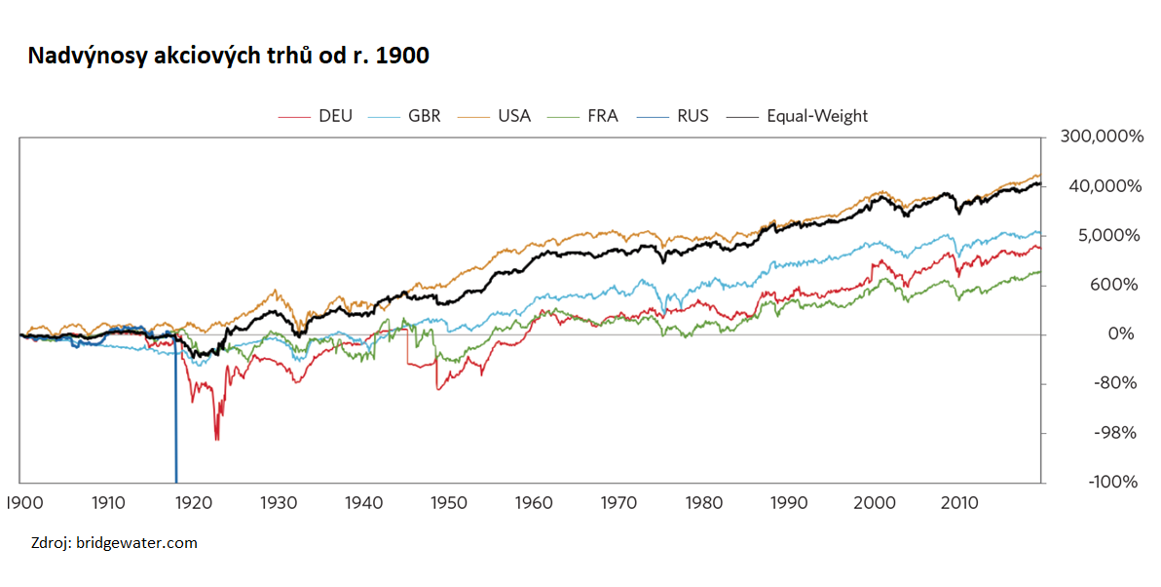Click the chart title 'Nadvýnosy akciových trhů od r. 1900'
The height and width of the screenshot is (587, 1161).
coord(228,56)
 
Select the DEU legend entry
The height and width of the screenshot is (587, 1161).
coord(316,116)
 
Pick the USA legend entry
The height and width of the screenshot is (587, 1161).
coord(494,116)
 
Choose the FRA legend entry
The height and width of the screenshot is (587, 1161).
coord(582,116)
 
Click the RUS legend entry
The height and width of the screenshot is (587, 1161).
coord(672,116)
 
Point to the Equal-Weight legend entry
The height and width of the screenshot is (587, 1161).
coord(797,116)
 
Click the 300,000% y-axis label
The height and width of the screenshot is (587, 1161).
coord(1102,137)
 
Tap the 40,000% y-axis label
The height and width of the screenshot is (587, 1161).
coord(1105,186)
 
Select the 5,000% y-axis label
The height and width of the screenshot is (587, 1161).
coord(1108,236)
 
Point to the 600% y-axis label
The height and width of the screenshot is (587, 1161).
coord(1113,285)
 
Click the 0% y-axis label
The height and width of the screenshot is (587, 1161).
coord(1121,334)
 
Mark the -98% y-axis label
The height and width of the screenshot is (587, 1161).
coord(1115,433)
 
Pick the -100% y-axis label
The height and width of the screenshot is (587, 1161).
coord(1113,482)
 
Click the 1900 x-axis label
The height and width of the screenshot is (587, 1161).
coord(24,503)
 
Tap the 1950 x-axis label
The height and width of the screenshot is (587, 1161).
coord(449,503)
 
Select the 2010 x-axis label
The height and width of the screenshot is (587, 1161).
coord(959,503)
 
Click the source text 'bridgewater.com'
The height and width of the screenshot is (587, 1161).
coord(136,543)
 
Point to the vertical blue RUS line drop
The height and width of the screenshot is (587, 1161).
coord(175,411)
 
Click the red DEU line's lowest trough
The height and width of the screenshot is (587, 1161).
coord(216,440)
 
